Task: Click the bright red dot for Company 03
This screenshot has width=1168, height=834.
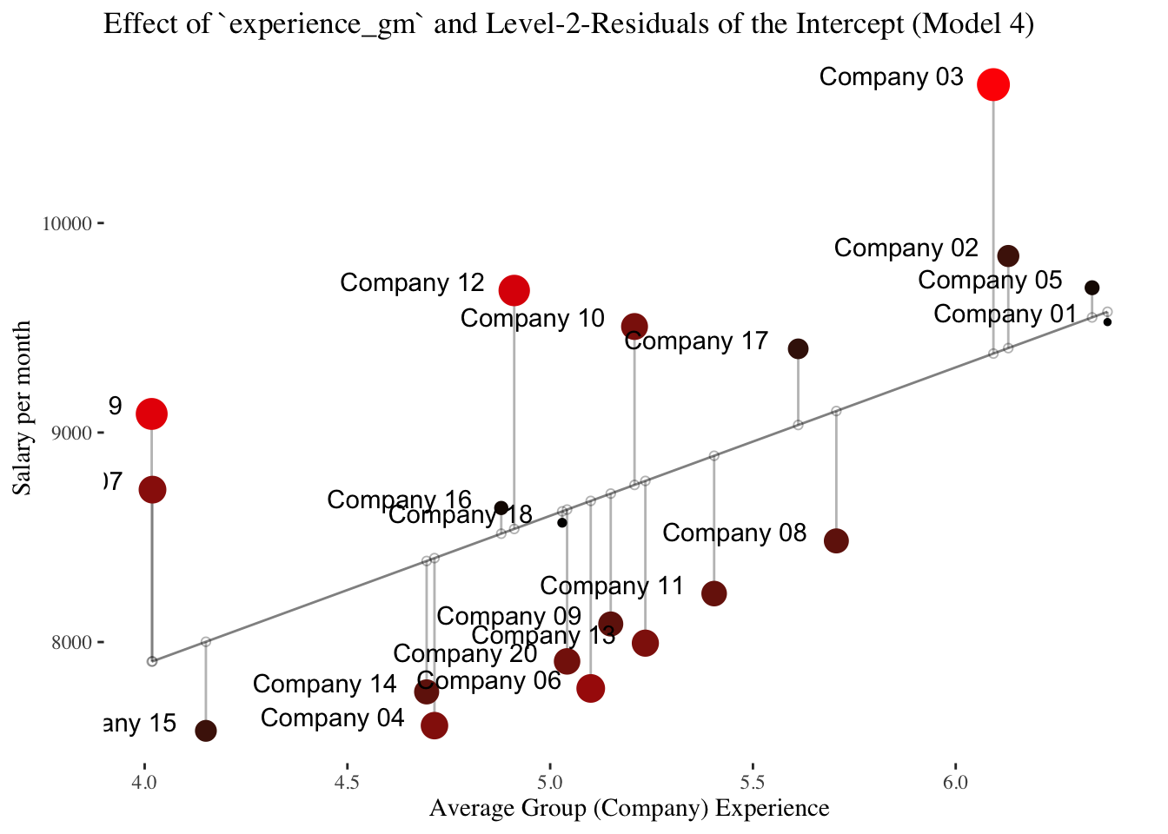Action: (x=992, y=84)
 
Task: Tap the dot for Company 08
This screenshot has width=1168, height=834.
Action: (x=836, y=541)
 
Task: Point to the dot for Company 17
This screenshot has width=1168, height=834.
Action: (x=798, y=348)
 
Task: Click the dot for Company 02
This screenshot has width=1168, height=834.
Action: (x=1008, y=255)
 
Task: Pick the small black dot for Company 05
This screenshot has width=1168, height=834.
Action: (x=1092, y=288)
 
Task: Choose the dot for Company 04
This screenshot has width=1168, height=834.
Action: (x=435, y=725)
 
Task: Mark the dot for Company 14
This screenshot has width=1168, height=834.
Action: (x=427, y=692)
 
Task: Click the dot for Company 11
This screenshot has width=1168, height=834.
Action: (x=714, y=593)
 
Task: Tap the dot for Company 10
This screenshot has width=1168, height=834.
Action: (x=634, y=326)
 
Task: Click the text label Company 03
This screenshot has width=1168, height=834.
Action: (x=891, y=77)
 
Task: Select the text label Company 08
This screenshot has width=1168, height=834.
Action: (x=734, y=533)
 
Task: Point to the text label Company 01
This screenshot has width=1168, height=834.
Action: (x=1005, y=314)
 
